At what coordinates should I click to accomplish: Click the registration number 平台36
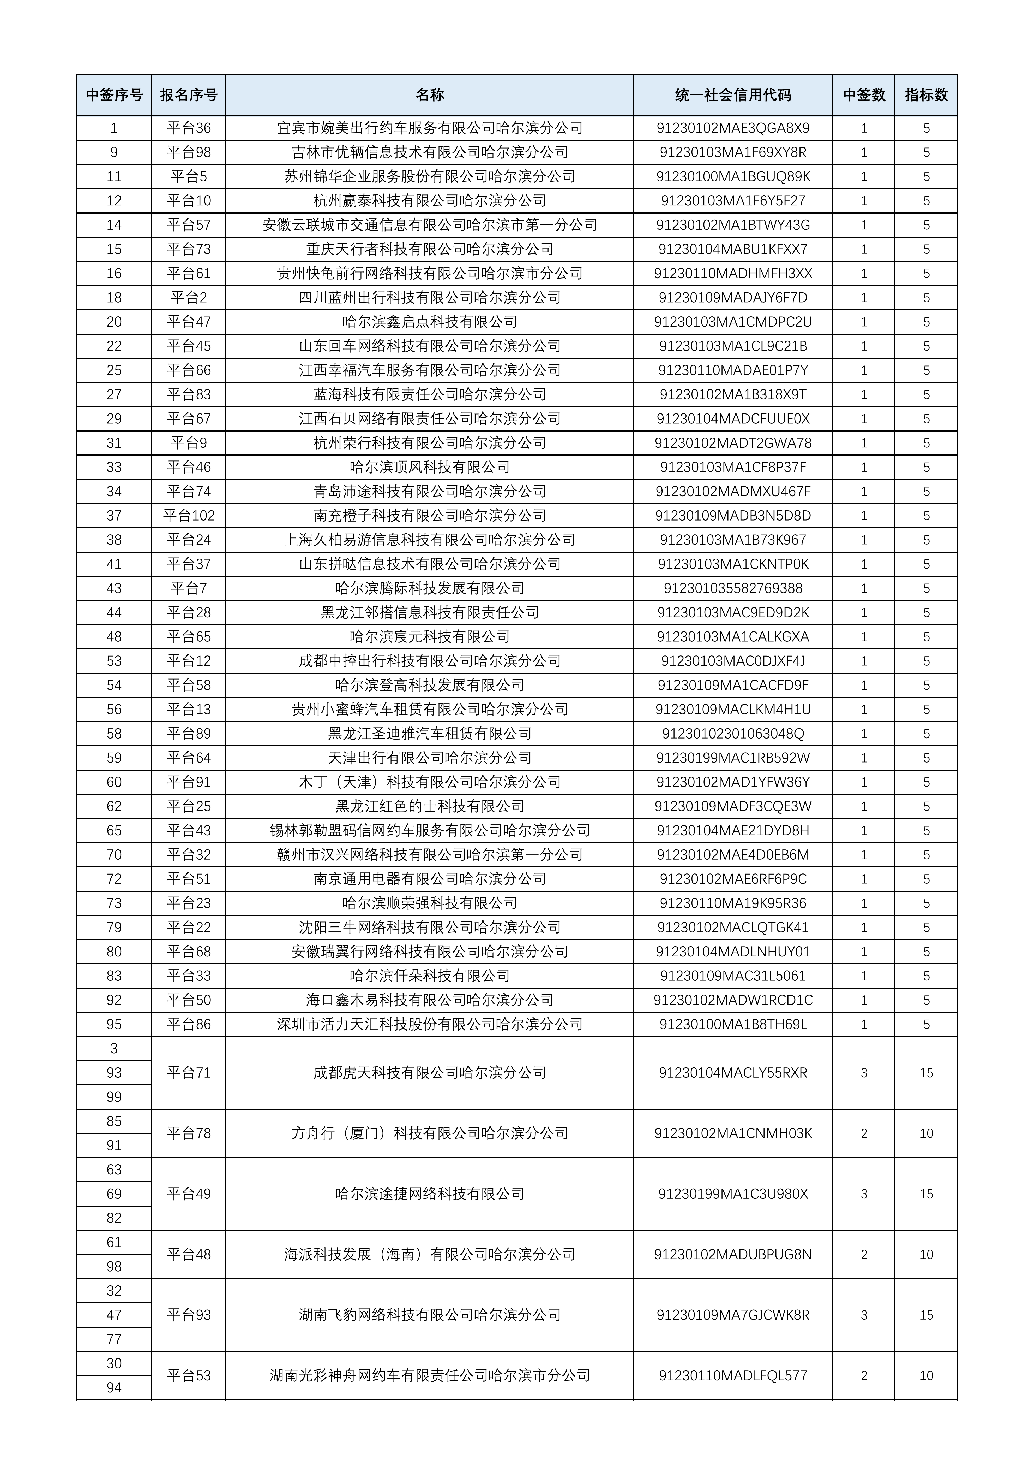coord(189,128)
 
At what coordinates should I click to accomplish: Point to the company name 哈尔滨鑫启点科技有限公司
coord(429,322)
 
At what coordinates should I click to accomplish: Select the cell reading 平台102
coord(189,516)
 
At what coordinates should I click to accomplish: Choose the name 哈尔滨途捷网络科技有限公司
coord(429,1194)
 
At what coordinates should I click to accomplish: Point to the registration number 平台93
coord(189,1315)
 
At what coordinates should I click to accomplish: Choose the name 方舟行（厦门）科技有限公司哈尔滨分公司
coord(429,1133)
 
